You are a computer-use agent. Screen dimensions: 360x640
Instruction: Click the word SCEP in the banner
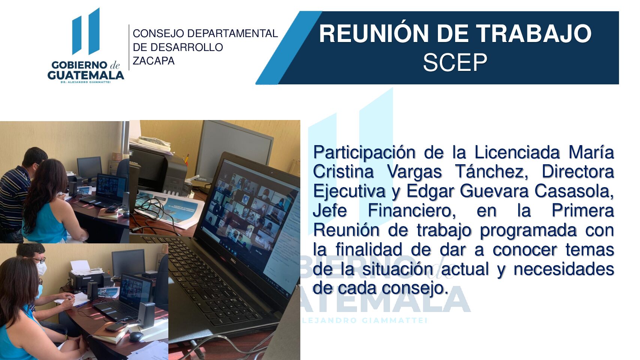(455, 62)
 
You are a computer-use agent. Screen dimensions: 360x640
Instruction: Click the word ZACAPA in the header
(154, 61)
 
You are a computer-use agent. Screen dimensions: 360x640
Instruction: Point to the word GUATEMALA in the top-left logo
(85, 75)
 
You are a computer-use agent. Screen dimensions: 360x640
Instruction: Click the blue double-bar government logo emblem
(86, 32)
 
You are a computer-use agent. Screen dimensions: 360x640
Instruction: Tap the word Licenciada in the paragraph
(517, 152)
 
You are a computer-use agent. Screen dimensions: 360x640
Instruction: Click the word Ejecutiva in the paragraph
(349, 191)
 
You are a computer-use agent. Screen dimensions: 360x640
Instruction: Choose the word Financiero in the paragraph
(411, 210)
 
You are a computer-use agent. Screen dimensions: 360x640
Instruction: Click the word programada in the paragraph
(528, 230)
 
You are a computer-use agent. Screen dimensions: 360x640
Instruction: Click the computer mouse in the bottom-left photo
(135, 336)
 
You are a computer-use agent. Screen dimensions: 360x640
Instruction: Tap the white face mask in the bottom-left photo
(42, 268)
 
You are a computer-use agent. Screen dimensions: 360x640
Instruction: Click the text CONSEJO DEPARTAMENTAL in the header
(205, 33)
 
